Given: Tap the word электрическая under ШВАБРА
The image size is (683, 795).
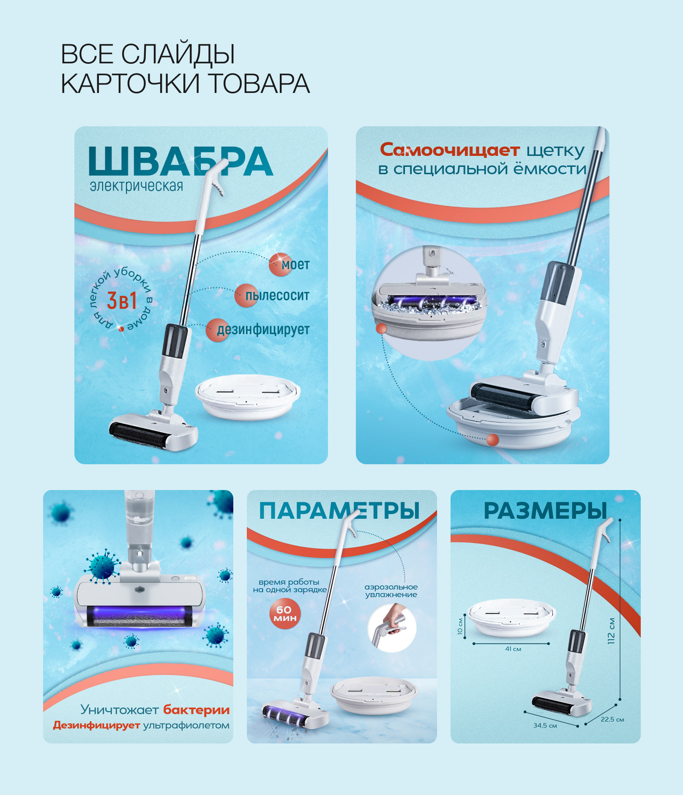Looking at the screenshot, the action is pyautogui.click(x=137, y=186).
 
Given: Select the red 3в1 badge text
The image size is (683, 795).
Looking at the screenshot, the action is pyautogui.click(x=122, y=301).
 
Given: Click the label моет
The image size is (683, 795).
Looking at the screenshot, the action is pyautogui.click(x=295, y=265).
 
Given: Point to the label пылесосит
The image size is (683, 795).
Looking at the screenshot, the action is pyautogui.click(x=277, y=295).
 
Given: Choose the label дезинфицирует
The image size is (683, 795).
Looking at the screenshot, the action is pyautogui.click(x=263, y=329).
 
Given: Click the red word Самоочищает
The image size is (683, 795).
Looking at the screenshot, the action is pyautogui.click(x=450, y=150).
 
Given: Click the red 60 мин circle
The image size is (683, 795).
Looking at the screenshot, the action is pyautogui.click(x=285, y=614).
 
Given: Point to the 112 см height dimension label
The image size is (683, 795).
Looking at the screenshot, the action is pyautogui.click(x=611, y=631).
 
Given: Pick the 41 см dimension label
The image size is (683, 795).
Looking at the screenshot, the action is pyautogui.click(x=513, y=649).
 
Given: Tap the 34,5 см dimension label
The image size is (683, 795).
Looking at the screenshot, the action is pyautogui.click(x=545, y=725).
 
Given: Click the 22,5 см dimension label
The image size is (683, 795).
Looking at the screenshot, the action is pyautogui.click(x=612, y=719).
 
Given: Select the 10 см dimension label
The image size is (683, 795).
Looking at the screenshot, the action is pyautogui.click(x=460, y=626).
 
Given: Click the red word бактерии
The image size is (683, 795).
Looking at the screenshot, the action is pyautogui.click(x=197, y=710).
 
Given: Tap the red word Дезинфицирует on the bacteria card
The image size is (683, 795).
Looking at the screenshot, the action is pyautogui.click(x=96, y=725).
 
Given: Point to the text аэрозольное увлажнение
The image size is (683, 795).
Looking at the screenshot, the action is pyautogui.click(x=391, y=591).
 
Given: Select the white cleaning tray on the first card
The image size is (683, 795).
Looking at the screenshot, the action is pyautogui.click(x=248, y=397).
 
